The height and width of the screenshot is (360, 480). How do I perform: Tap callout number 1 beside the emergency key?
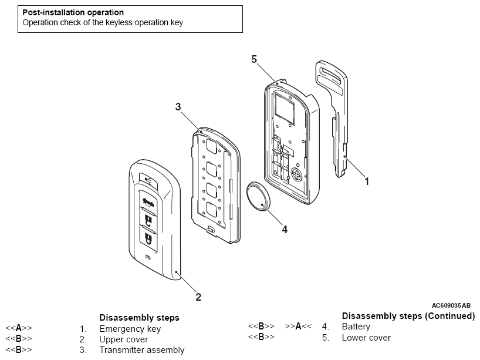pyautogui.click(x=367, y=181)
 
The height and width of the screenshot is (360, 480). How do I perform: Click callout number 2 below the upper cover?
pyautogui.click(x=198, y=297)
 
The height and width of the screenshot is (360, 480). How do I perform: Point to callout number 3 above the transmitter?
pyautogui.click(x=178, y=106)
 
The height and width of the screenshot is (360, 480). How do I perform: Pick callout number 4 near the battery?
pyautogui.click(x=285, y=230)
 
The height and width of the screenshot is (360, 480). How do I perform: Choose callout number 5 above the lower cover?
pyautogui.click(x=254, y=59)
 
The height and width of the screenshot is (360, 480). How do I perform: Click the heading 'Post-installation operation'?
pyautogui.click(x=73, y=12)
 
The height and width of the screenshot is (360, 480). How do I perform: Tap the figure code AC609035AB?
pyautogui.click(x=451, y=305)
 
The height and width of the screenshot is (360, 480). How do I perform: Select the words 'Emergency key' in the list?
pyautogui.click(x=130, y=329)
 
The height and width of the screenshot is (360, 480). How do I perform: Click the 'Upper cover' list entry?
pyautogui.click(x=123, y=339)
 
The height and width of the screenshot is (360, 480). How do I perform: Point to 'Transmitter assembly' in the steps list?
pyautogui.click(x=141, y=350)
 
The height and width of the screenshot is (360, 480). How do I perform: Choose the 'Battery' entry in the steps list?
pyautogui.click(x=356, y=327)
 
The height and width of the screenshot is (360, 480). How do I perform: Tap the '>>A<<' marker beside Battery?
pyautogui.click(x=298, y=327)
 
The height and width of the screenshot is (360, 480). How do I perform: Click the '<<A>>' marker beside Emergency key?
pyautogui.click(x=19, y=329)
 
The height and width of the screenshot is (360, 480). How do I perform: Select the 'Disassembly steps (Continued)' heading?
pyautogui.click(x=408, y=316)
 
